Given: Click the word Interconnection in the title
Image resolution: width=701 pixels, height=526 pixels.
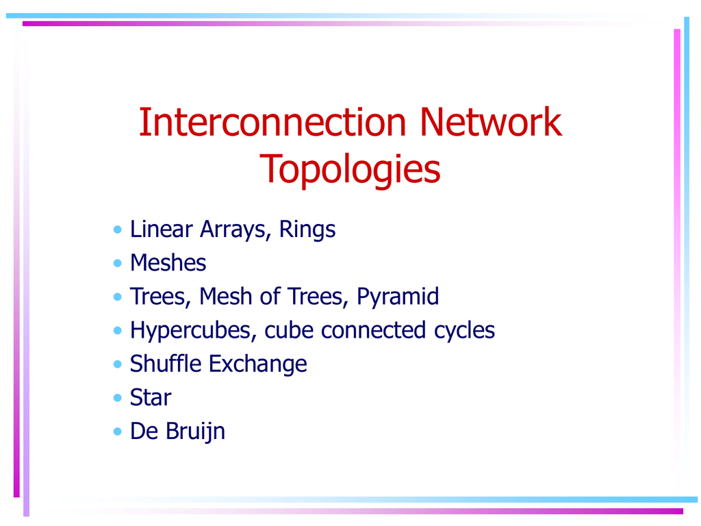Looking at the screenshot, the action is tap(272, 122).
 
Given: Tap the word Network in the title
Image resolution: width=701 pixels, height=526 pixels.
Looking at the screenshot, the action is tap(490, 122).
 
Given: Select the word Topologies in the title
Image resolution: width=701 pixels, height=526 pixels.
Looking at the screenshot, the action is tap(350, 169).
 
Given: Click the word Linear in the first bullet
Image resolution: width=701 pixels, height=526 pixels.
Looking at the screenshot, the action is tap(162, 229).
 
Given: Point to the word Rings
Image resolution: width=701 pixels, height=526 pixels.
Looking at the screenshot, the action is tap(307, 229).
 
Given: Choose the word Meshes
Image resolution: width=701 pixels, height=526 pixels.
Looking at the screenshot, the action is tap(168, 262).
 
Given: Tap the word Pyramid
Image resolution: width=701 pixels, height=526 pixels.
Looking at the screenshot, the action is tap(398, 297).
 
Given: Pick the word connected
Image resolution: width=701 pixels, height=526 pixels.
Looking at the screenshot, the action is tap(373, 330).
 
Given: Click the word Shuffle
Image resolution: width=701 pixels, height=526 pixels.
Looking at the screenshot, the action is tap(166, 363).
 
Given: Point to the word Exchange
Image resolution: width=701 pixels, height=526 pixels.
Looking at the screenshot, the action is tap(258, 364).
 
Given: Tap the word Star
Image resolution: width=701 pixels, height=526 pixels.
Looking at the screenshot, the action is tap(151, 397).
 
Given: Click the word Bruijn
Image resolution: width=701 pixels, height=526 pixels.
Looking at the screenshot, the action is tap(195, 431).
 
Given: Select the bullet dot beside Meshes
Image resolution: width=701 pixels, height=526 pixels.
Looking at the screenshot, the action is tap(118, 263).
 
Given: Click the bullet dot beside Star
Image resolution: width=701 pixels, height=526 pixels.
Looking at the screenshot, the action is tap(118, 398).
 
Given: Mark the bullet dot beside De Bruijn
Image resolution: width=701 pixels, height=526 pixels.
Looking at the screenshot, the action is tap(118, 431).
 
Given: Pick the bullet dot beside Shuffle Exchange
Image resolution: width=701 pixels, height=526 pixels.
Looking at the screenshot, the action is tap(118, 364).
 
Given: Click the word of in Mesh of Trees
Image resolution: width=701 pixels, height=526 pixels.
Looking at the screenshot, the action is tap(270, 296).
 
